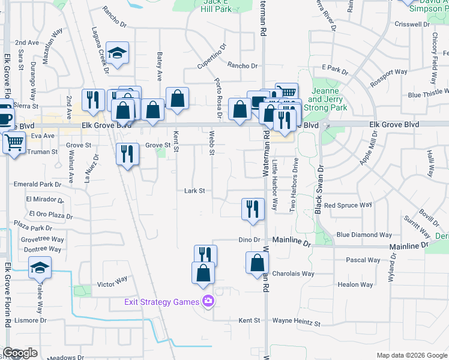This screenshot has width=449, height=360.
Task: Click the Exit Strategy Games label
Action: tap(161, 302)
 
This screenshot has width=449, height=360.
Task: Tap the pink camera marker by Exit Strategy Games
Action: tap(208, 301)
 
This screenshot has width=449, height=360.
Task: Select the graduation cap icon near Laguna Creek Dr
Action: tap(118, 53)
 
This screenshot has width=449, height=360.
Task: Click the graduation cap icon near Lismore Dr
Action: tap(40, 267)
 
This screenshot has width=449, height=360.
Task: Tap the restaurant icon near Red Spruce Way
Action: tap(253, 209)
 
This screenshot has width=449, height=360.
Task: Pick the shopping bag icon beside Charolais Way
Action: tap(257, 263)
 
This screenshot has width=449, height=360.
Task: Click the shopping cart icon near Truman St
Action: tap(13, 143)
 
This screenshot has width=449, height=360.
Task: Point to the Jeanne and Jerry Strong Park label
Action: tap(325, 99)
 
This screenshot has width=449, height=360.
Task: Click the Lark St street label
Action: tap(194, 191)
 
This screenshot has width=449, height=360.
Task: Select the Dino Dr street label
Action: tap(249, 240)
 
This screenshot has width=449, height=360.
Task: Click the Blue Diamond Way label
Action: tap(364, 235)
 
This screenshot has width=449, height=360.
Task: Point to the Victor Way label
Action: tap(113, 280)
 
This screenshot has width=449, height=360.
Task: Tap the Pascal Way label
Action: tap(363, 260)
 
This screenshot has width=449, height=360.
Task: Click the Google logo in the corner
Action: tap(20, 353)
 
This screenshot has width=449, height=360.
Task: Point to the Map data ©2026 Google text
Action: tap(411, 355)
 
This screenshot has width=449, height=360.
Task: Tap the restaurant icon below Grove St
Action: tap(127, 155)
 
